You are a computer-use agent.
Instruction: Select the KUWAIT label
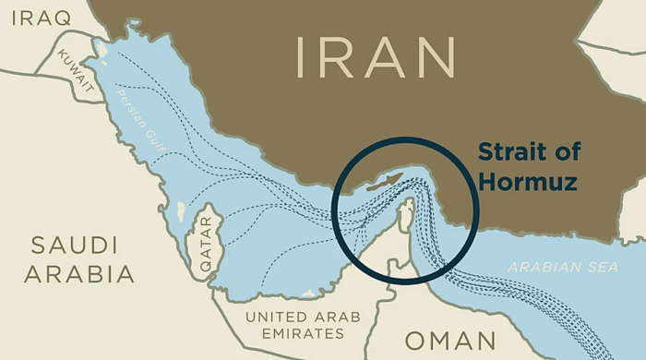tap(77, 70)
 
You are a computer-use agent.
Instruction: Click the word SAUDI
tap(75, 246)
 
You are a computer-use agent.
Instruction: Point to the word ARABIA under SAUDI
tap(79, 274)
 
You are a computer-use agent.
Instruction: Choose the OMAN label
tap(450, 341)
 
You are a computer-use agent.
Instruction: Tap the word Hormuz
tap(529, 182)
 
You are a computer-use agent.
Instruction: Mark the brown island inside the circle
tap(384, 181)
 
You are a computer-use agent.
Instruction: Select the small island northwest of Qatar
tap(180, 211)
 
